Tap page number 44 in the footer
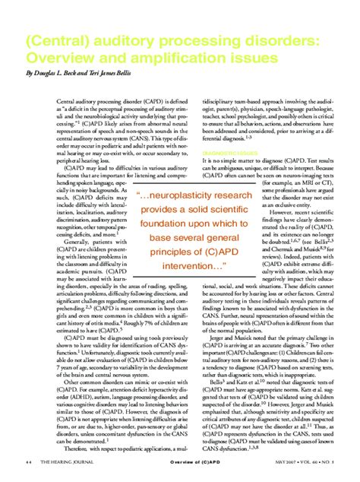27,461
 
